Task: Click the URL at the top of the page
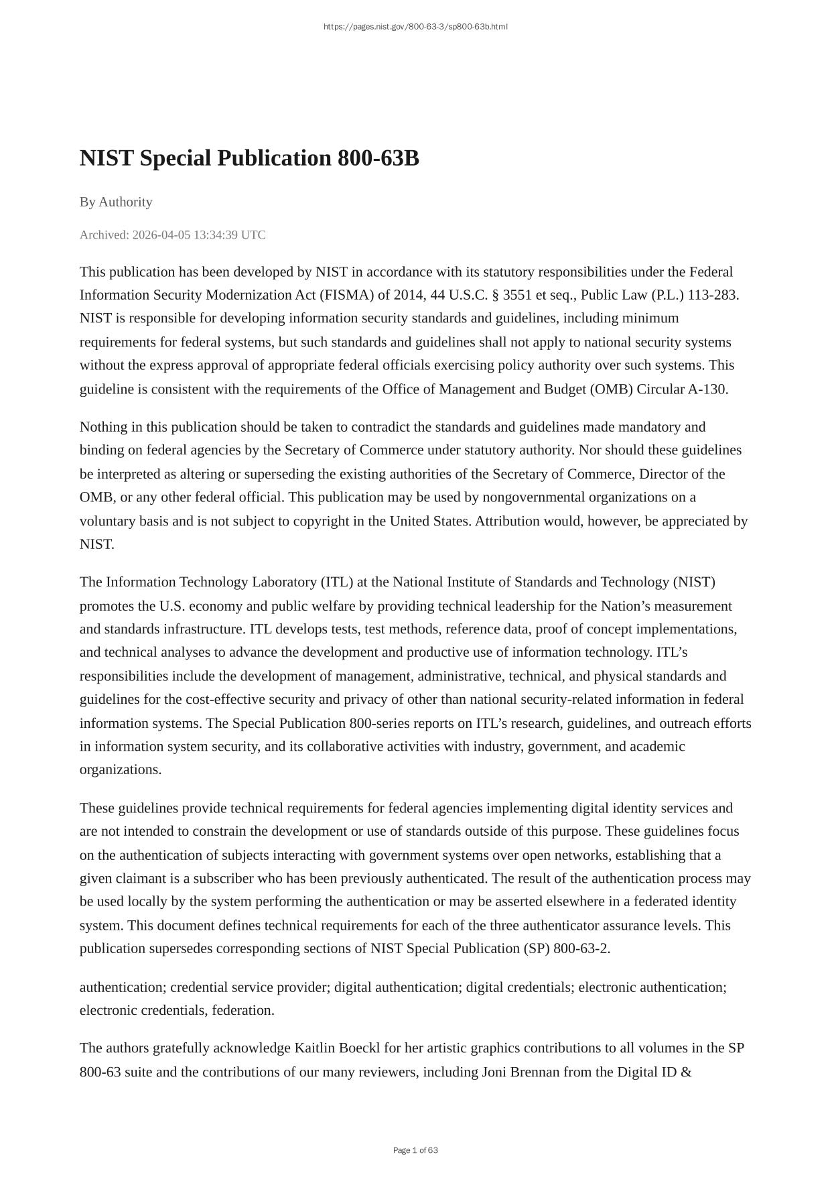(x=415, y=27)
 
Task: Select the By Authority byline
(x=116, y=202)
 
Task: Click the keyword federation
(x=242, y=1010)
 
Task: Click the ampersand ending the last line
(x=686, y=1072)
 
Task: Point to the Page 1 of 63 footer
(x=415, y=1150)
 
